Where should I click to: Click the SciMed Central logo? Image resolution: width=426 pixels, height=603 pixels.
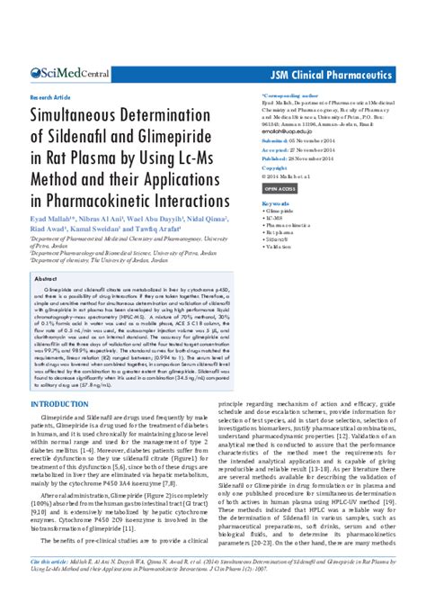click(x=70, y=73)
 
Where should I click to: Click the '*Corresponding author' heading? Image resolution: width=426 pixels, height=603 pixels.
click(x=289, y=94)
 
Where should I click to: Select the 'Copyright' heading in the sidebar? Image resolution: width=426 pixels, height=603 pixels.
click(x=273, y=167)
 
